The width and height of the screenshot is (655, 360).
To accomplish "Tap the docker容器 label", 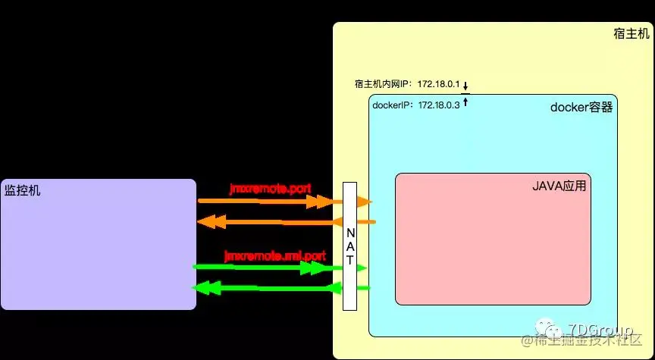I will tap(581, 108).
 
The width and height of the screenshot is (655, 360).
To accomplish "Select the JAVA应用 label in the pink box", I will tap(561, 185).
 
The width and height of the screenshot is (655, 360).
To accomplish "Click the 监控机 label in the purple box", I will tap(23, 189).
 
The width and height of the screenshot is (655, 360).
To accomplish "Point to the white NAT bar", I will tap(349, 246).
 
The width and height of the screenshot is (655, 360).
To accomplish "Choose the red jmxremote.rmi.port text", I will tap(274, 256).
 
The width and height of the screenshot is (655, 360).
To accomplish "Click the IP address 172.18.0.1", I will tap(438, 84).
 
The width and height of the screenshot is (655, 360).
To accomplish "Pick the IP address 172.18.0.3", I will tap(439, 105).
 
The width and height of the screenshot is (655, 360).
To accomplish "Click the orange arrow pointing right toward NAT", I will tap(265, 202).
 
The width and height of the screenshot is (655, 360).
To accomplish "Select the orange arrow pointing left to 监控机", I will tap(265, 221).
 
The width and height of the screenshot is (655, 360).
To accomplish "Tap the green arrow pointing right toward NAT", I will tap(265, 267).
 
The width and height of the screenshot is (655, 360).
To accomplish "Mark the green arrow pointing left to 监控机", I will tap(265, 288).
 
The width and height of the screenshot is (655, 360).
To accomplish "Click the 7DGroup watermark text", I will tap(594, 330).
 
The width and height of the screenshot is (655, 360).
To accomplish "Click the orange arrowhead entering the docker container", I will tap(365, 202).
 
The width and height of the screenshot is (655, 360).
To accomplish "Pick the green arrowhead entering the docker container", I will tap(362, 268).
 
